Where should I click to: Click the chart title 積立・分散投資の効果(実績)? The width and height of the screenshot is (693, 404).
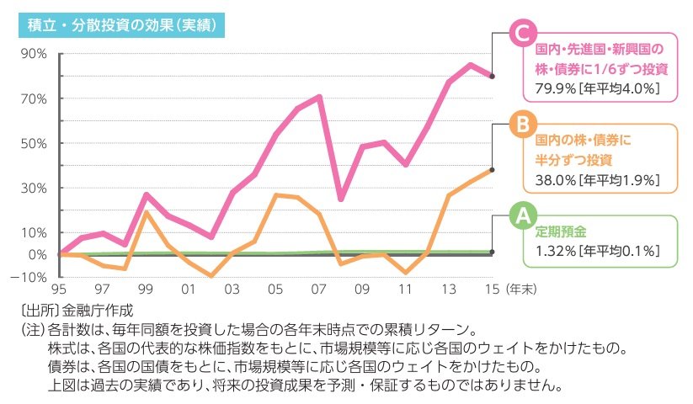(120, 25)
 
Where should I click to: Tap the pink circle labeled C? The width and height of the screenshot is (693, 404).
(521, 35)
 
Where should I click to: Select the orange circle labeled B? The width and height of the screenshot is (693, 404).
(521, 125)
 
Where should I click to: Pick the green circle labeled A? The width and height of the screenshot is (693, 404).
(521, 216)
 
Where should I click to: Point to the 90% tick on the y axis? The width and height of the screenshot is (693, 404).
(34, 54)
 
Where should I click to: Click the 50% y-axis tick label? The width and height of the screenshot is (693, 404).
(34, 143)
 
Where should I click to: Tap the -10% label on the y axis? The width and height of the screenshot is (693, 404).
(31, 277)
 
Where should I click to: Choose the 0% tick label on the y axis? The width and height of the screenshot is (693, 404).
(37, 254)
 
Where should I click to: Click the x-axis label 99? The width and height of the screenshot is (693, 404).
(145, 289)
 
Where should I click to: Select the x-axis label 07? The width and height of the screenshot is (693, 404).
(318, 289)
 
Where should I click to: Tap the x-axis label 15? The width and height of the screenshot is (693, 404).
(492, 289)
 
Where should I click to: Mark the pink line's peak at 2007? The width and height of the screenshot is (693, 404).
(319, 97)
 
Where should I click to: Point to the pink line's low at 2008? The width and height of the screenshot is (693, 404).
(340, 199)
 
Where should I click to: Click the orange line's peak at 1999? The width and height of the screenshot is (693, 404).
(146, 212)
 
